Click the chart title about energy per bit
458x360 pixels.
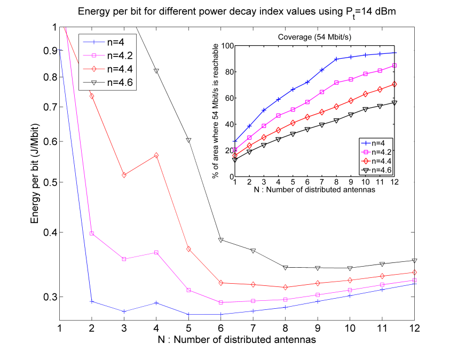236,12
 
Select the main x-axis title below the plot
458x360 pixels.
236,339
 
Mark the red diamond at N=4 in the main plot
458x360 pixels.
156,155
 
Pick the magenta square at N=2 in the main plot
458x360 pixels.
92,234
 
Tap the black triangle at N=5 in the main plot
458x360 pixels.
188,140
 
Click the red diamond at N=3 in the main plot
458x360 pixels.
124,175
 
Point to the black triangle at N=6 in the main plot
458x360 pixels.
220,240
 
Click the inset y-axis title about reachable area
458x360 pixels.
215,111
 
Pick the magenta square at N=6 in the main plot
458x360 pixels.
220,302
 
